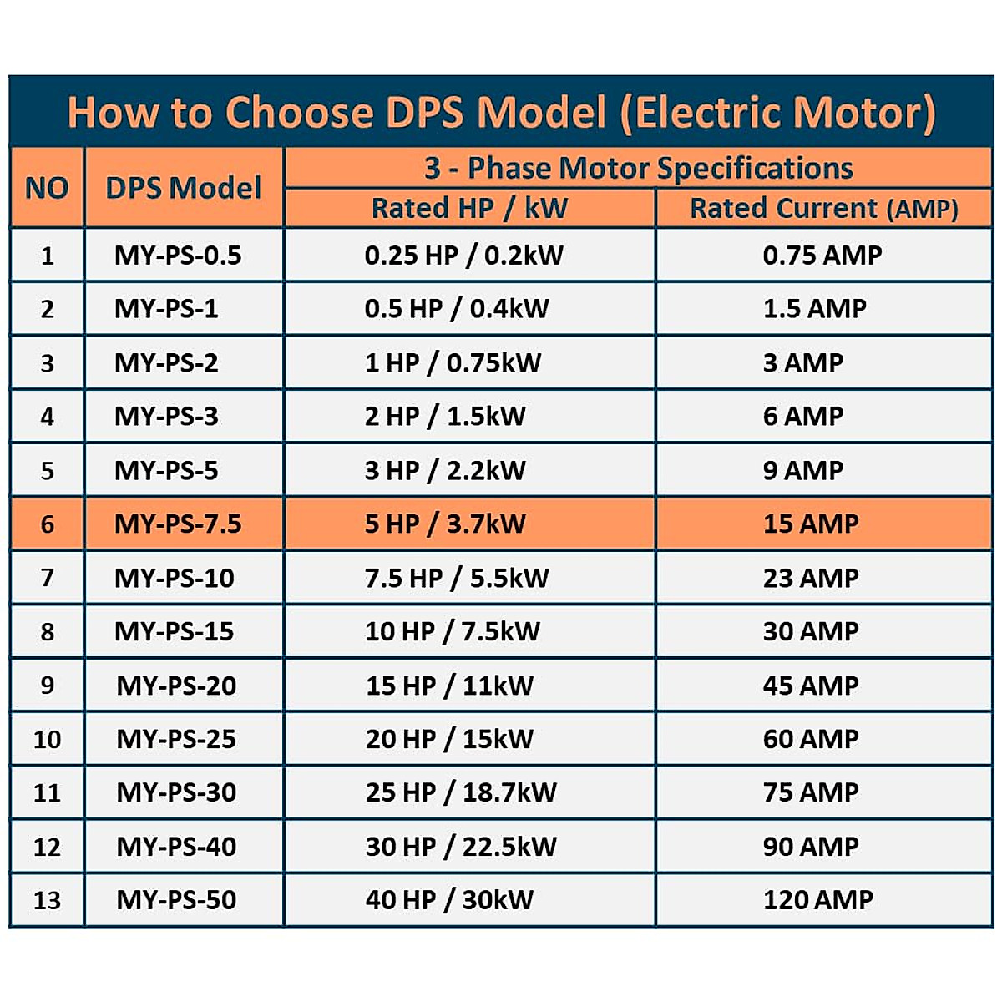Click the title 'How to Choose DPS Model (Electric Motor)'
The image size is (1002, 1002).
click(501, 112)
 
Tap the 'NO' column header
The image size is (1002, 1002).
click(47, 188)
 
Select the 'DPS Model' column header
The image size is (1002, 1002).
click(184, 188)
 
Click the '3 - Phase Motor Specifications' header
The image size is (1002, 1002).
click(638, 168)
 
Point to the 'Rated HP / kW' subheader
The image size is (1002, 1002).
click(469, 208)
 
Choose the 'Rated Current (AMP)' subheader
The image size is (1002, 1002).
click(823, 208)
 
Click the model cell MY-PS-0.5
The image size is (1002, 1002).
click(178, 255)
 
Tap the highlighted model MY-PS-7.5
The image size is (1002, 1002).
click(178, 524)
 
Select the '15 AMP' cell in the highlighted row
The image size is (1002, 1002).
click(810, 524)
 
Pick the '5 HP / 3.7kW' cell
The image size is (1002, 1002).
click(445, 524)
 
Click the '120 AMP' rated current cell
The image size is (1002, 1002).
click(817, 899)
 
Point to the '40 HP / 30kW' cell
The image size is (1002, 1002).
click(449, 899)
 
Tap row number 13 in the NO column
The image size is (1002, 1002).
click(47, 900)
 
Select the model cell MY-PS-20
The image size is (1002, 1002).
click(176, 686)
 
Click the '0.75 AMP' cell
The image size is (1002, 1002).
click(822, 255)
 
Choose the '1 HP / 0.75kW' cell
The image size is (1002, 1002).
click(453, 362)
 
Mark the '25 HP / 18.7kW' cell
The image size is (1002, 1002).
click(461, 792)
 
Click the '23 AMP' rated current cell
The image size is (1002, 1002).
click(810, 578)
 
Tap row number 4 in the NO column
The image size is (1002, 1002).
click(47, 416)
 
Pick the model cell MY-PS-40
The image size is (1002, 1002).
click(176, 847)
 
